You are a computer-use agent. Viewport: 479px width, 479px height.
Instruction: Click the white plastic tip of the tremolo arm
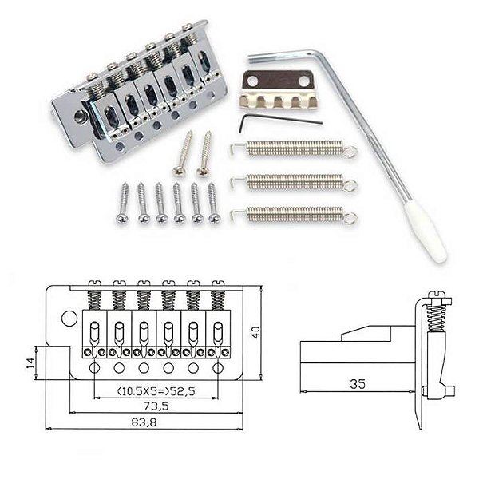pyautogui.click(x=426, y=233)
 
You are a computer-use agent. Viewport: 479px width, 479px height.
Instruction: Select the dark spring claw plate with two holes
pyautogui.click(x=278, y=81)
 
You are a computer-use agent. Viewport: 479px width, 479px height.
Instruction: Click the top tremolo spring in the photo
pyautogui.click(x=293, y=148)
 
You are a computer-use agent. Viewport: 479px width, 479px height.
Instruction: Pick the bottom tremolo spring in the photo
pyautogui.click(x=293, y=215)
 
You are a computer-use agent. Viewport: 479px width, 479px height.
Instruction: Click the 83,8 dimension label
pyautogui.click(x=144, y=422)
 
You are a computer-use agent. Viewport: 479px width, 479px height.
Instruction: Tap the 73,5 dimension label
pyautogui.click(x=156, y=406)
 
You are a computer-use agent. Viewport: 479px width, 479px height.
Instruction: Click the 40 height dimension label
pyautogui.click(x=255, y=332)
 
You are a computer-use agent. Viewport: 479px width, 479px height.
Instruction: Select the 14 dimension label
pyautogui.click(x=30, y=363)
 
